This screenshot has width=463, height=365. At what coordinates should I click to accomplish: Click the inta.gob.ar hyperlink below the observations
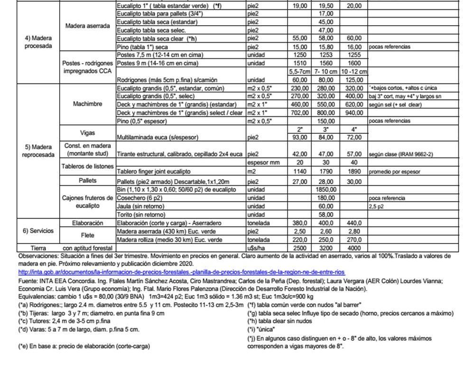pyautogui.click(x=181, y=272)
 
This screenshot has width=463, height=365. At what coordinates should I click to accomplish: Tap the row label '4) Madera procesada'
pyautogui.click(x=39, y=42)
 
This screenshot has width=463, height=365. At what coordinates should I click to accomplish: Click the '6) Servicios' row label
pyautogui.click(x=39, y=231)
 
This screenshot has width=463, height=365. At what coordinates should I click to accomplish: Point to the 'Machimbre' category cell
pyautogui.click(x=88, y=104)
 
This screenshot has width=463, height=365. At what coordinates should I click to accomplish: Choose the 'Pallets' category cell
pyautogui.click(x=88, y=181)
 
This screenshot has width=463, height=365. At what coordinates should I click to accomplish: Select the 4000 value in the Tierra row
pyautogui.click(x=354, y=248)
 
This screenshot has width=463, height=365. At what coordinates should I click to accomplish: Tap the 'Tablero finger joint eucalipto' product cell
pyautogui.click(x=159, y=172)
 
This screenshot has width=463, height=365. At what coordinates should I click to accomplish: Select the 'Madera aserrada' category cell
pyautogui.click(x=88, y=25)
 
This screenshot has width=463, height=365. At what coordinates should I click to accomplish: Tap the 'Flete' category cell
pyautogui.click(x=88, y=235)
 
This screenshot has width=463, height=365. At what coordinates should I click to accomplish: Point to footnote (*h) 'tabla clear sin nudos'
pyautogui.click(x=280, y=321)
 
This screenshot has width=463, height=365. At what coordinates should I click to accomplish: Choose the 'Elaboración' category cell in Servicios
pyautogui.click(x=88, y=223)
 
